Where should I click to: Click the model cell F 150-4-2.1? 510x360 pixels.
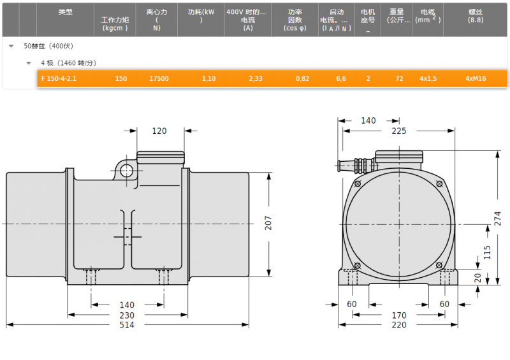[59, 79]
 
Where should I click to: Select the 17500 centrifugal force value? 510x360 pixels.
[159, 79]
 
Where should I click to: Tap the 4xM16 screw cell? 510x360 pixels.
[476, 79]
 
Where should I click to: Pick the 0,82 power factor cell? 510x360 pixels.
[302, 79]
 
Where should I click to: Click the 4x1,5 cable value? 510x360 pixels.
[428, 79]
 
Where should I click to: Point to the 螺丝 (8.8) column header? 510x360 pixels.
[476, 16]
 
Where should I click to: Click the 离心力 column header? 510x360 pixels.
[157, 20]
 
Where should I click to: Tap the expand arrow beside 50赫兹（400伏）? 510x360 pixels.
[11, 46]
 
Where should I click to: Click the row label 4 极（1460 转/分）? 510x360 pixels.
[69, 63]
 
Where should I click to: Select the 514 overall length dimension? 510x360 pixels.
[127, 325]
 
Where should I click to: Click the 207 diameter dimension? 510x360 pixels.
[268, 223]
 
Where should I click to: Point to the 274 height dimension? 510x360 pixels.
[498, 219]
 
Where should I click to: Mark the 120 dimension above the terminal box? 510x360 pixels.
[159, 131]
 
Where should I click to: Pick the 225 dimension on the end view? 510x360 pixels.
[399, 131]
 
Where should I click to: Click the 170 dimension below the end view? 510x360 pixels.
[399, 315]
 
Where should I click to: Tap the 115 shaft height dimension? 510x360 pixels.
[487, 252]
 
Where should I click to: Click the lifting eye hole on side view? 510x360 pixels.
[126, 171]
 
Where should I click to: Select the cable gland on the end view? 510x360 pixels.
[356, 165]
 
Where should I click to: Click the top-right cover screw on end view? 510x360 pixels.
[439, 184]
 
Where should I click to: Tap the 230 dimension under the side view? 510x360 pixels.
[127, 315]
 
